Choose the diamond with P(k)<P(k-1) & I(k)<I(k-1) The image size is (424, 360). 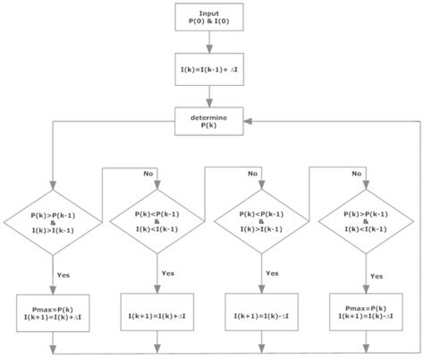coord(157,219)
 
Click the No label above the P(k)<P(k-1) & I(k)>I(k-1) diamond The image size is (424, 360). coord(254,173)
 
